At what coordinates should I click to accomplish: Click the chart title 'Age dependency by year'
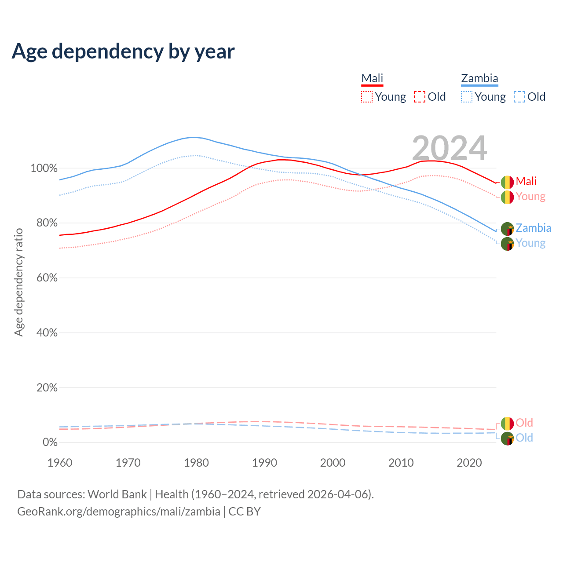(x=123, y=51)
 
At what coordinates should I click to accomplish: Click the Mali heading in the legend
(x=372, y=78)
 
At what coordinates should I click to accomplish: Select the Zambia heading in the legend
(x=479, y=78)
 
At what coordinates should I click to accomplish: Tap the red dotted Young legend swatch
(x=366, y=97)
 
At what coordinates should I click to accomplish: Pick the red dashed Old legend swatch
(x=420, y=97)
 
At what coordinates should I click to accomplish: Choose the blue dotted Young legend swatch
(x=467, y=97)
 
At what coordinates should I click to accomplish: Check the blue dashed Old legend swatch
(x=519, y=97)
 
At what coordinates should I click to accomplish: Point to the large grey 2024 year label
(x=450, y=148)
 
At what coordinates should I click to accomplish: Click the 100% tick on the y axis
(x=44, y=168)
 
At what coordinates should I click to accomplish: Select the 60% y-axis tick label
(x=47, y=278)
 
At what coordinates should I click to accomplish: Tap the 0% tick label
(x=50, y=442)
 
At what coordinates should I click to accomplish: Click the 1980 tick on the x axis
(x=196, y=463)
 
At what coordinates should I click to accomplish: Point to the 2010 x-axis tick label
(x=401, y=463)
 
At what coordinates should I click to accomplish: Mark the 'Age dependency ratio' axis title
(x=18, y=282)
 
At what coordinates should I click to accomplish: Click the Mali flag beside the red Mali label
(x=507, y=182)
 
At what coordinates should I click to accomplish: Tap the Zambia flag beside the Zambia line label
(x=507, y=229)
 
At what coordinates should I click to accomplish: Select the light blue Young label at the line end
(x=530, y=243)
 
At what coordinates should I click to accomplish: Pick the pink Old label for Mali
(x=524, y=423)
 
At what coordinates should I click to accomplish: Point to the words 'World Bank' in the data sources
(x=117, y=494)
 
